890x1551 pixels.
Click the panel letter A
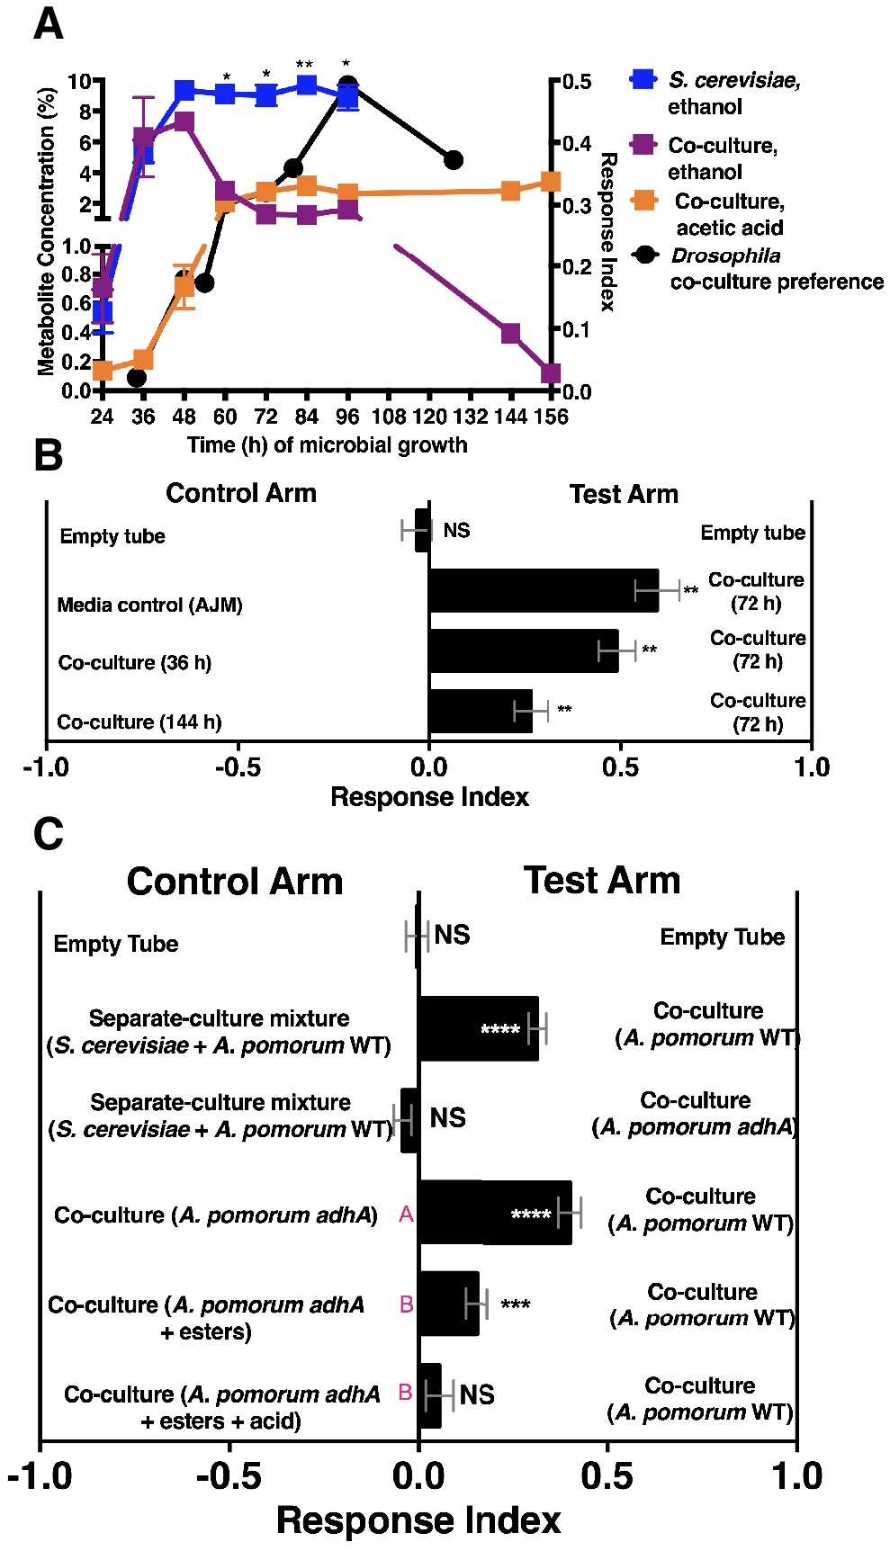click(x=48, y=23)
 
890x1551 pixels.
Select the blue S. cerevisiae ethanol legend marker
click(x=643, y=79)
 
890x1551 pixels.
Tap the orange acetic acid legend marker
click(x=644, y=201)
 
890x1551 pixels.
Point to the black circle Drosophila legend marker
click(x=644, y=256)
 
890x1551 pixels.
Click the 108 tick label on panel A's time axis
click(x=389, y=417)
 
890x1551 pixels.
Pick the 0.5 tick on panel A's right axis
click(x=577, y=82)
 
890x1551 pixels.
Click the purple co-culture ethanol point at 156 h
click(x=551, y=373)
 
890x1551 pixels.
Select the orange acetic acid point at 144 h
click(x=510, y=191)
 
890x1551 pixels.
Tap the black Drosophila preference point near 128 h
click(x=454, y=160)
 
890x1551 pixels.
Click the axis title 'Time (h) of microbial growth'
click(x=327, y=445)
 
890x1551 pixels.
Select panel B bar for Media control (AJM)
click(x=544, y=590)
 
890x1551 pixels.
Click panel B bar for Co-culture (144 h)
click(x=481, y=711)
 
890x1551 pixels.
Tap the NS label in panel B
click(x=456, y=531)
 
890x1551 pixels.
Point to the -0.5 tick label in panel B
click(x=238, y=767)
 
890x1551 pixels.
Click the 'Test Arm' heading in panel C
click(x=601, y=881)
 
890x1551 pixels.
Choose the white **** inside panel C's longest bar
click(x=530, y=1215)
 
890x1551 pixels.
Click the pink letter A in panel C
click(x=406, y=1215)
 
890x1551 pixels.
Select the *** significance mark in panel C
click(x=515, y=1304)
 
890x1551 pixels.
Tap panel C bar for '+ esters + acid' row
click(x=430, y=1395)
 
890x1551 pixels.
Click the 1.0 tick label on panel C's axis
click(x=796, y=1476)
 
